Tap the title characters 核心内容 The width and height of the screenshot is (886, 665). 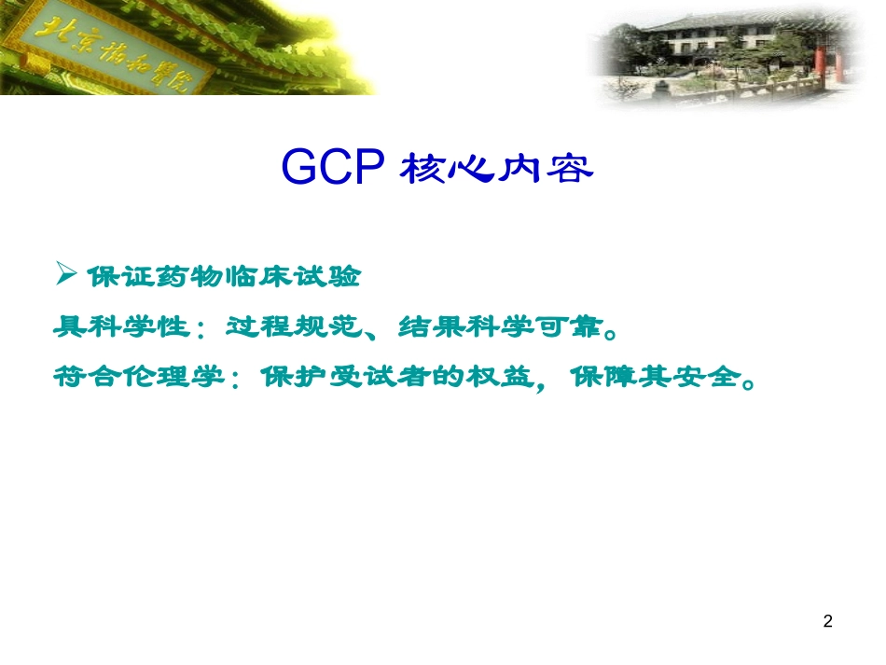496,171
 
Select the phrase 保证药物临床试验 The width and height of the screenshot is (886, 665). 222,277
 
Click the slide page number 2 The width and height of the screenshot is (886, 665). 828,621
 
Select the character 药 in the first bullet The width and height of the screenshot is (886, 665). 155,277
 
